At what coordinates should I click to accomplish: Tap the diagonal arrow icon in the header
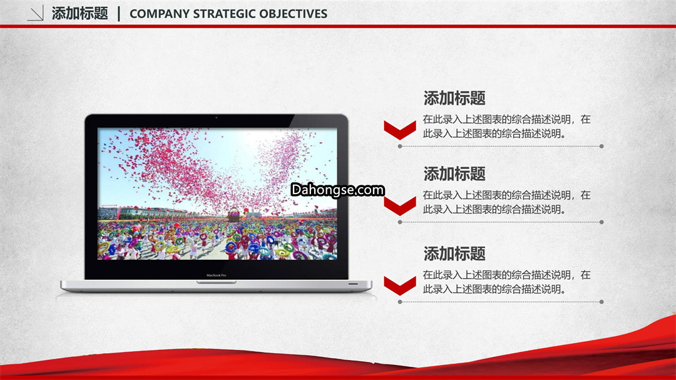[x=35, y=13]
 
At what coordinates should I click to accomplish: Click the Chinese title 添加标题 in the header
[x=79, y=13]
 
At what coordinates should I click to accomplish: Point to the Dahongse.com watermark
[x=337, y=190]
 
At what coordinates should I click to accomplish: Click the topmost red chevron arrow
[x=400, y=130]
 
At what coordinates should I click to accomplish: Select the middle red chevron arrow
[x=400, y=206]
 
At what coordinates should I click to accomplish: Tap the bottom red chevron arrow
[x=400, y=285]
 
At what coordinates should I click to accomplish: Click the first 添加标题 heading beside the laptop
[x=454, y=98]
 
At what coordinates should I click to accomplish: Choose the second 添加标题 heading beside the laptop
[x=454, y=174]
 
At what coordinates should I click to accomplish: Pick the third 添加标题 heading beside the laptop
[x=454, y=254]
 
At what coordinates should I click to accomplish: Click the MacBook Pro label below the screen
[x=217, y=275]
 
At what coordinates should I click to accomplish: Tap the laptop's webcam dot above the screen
[x=217, y=117]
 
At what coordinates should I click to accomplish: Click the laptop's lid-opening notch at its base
[x=217, y=282]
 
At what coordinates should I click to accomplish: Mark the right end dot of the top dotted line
[x=602, y=146]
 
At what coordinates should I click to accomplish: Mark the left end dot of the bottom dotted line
[x=400, y=302]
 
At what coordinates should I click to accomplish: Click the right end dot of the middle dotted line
[x=602, y=222]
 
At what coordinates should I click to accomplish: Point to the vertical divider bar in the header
[x=119, y=13]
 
